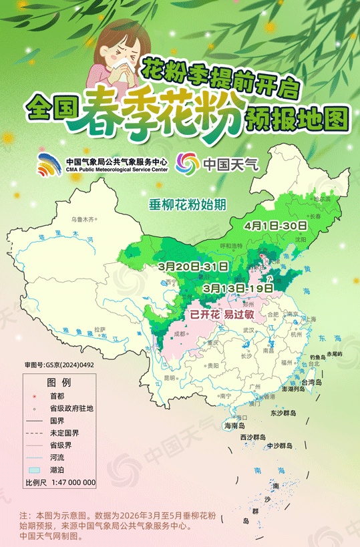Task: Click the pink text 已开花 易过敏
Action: tap(221, 313)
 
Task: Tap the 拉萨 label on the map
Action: tap(100, 329)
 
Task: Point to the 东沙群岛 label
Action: tap(283, 413)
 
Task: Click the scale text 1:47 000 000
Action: tap(70, 482)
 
